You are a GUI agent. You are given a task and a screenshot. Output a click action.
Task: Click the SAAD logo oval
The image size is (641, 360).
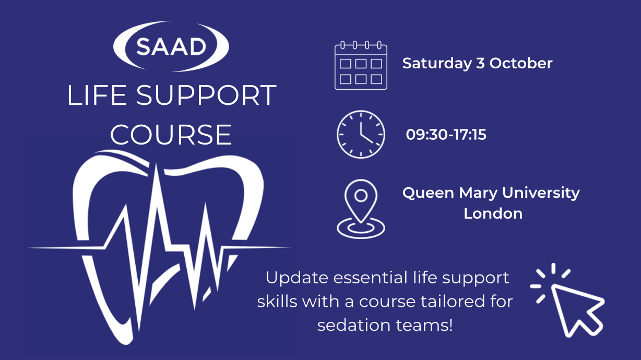tap(171, 46)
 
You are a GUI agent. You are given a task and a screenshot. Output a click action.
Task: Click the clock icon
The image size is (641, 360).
tap(361, 134)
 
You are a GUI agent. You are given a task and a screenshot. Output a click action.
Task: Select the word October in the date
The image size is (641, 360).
tap(521, 64)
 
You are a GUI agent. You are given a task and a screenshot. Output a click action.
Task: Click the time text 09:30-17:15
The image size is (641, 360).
tap(446, 135)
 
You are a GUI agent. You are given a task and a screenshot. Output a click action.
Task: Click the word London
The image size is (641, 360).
tap(493, 213)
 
